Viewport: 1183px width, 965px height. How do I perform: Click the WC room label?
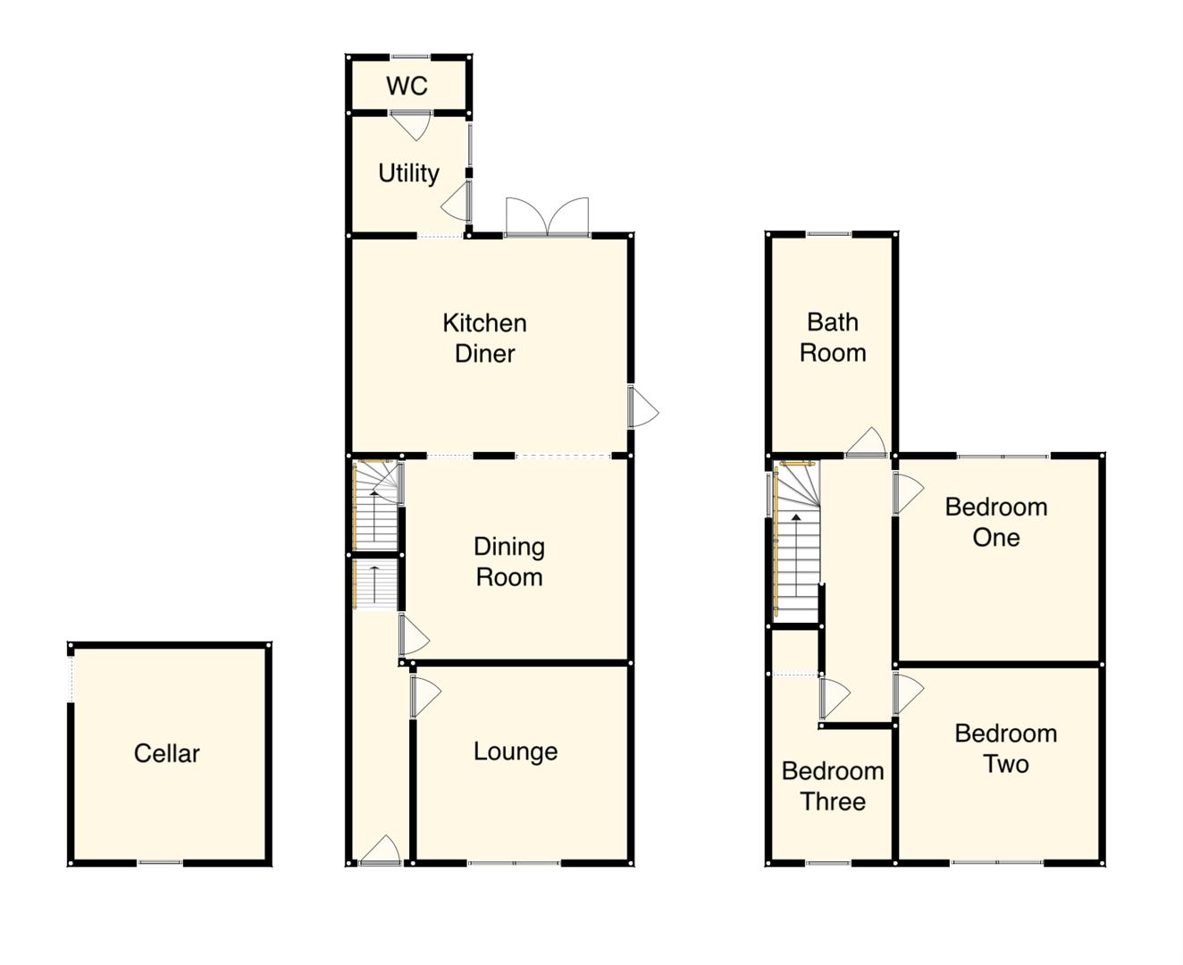tap(407, 86)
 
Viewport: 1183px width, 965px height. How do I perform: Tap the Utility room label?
tap(408, 172)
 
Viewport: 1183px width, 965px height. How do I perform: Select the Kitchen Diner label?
tap(484, 338)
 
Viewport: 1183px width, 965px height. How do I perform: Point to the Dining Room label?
tap(508, 561)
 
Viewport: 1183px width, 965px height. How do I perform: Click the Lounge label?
tap(516, 751)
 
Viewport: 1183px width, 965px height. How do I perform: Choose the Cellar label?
tap(166, 753)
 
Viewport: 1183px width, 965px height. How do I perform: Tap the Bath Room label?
tap(832, 337)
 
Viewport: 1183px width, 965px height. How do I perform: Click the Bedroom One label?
tap(995, 522)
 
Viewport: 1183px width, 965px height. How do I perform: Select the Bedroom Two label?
tap(1005, 749)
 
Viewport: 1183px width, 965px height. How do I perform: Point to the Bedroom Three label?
tap(832, 785)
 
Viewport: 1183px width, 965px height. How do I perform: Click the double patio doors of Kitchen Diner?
tap(547, 218)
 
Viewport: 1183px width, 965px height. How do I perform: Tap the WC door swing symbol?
tap(411, 124)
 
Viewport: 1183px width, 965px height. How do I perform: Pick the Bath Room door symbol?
tap(866, 443)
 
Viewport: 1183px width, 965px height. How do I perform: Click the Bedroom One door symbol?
tap(908, 492)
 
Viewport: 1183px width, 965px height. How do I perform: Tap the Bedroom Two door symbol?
tap(907, 693)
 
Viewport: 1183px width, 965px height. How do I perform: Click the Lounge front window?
tap(514, 863)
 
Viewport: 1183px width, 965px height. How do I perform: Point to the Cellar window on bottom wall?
tap(160, 863)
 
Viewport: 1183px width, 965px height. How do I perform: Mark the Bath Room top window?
tap(829, 234)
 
